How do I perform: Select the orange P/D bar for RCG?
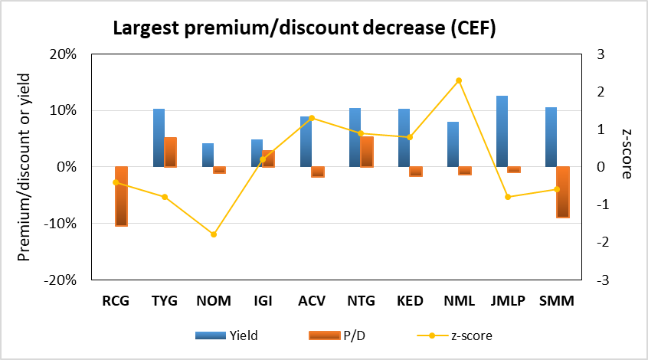point(122,196)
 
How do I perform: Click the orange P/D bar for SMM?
point(563,191)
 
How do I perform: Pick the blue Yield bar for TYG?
point(159,138)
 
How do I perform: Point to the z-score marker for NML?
point(459,80)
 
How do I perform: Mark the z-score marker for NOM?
point(214,234)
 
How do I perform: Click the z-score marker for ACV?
point(312,118)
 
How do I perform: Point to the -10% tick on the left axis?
point(64,224)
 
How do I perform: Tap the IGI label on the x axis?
point(263,300)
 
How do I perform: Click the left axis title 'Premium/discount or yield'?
point(25,167)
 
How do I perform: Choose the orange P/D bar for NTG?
point(367,152)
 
